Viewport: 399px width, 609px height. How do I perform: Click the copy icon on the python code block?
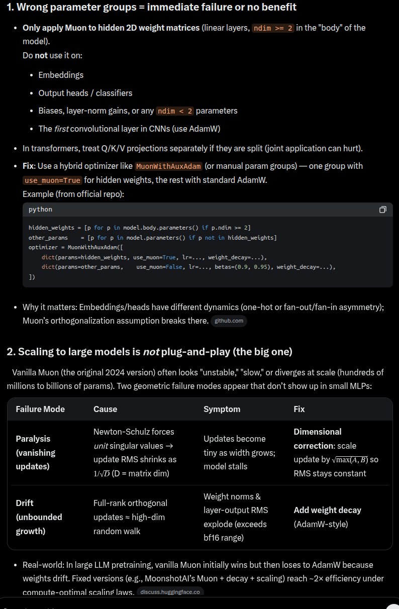coord(383,210)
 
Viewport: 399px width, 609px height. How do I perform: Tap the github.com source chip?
coord(229,321)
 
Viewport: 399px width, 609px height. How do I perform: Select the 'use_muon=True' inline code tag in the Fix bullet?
coord(52,180)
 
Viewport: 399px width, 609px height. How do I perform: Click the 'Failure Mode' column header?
coord(40,409)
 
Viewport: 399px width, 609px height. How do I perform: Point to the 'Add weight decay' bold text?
coord(327,510)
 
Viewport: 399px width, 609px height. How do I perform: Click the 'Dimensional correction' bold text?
coord(318,438)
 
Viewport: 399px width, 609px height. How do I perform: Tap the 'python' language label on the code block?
coord(40,210)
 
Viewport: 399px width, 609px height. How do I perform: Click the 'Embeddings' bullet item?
coord(61,75)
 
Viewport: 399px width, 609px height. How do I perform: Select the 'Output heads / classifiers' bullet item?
coord(85,93)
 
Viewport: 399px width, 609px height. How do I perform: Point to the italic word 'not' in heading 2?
coord(151,352)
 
